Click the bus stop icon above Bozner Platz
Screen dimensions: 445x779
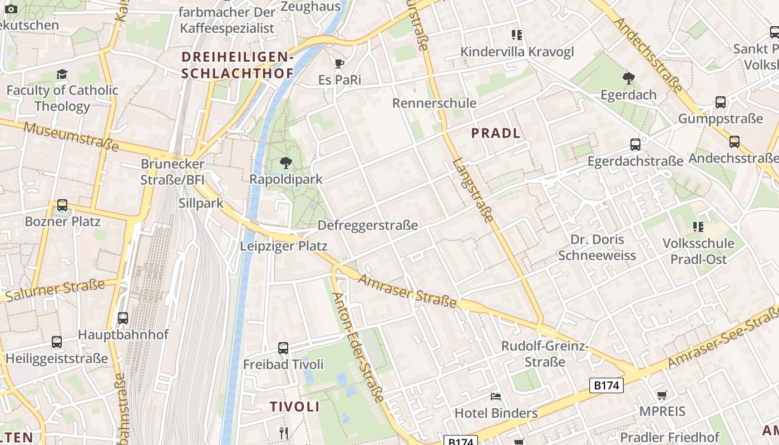click(x=62, y=205)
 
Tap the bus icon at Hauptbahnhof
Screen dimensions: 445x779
click(x=123, y=318)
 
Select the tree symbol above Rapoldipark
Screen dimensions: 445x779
click(x=286, y=163)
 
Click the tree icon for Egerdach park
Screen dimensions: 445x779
click(x=629, y=78)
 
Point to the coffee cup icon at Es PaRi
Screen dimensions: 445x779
click(x=339, y=63)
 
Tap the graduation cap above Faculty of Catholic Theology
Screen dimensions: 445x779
click(x=62, y=74)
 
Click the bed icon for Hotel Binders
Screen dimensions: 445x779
click(x=496, y=396)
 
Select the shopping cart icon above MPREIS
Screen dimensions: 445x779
click(x=662, y=395)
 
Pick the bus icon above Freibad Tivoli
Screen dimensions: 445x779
click(x=283, y=348)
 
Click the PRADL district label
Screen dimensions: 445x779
click(x=496, y=133)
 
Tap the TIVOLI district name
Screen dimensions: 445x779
click(x=295, y=407)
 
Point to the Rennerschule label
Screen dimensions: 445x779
click(x=435, y=103)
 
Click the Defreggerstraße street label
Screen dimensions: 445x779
click(x=367, y=225)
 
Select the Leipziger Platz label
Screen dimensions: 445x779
click(x=284, y=246)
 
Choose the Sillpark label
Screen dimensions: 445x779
click(x=201, y=203)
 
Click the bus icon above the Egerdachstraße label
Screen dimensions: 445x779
click(x=635, y=145)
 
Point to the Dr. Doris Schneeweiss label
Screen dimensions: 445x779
click(x=597, y=248)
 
